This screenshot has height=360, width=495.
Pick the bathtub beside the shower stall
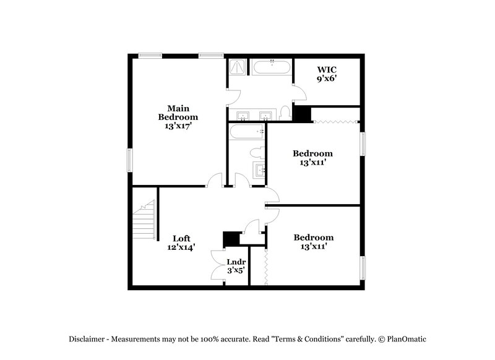tap(270, 67)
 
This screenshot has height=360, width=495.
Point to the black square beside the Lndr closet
tap(231, 239)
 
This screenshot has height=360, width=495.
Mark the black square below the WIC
tap(302, 114)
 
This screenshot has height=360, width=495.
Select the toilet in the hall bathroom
tap(256, 152)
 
